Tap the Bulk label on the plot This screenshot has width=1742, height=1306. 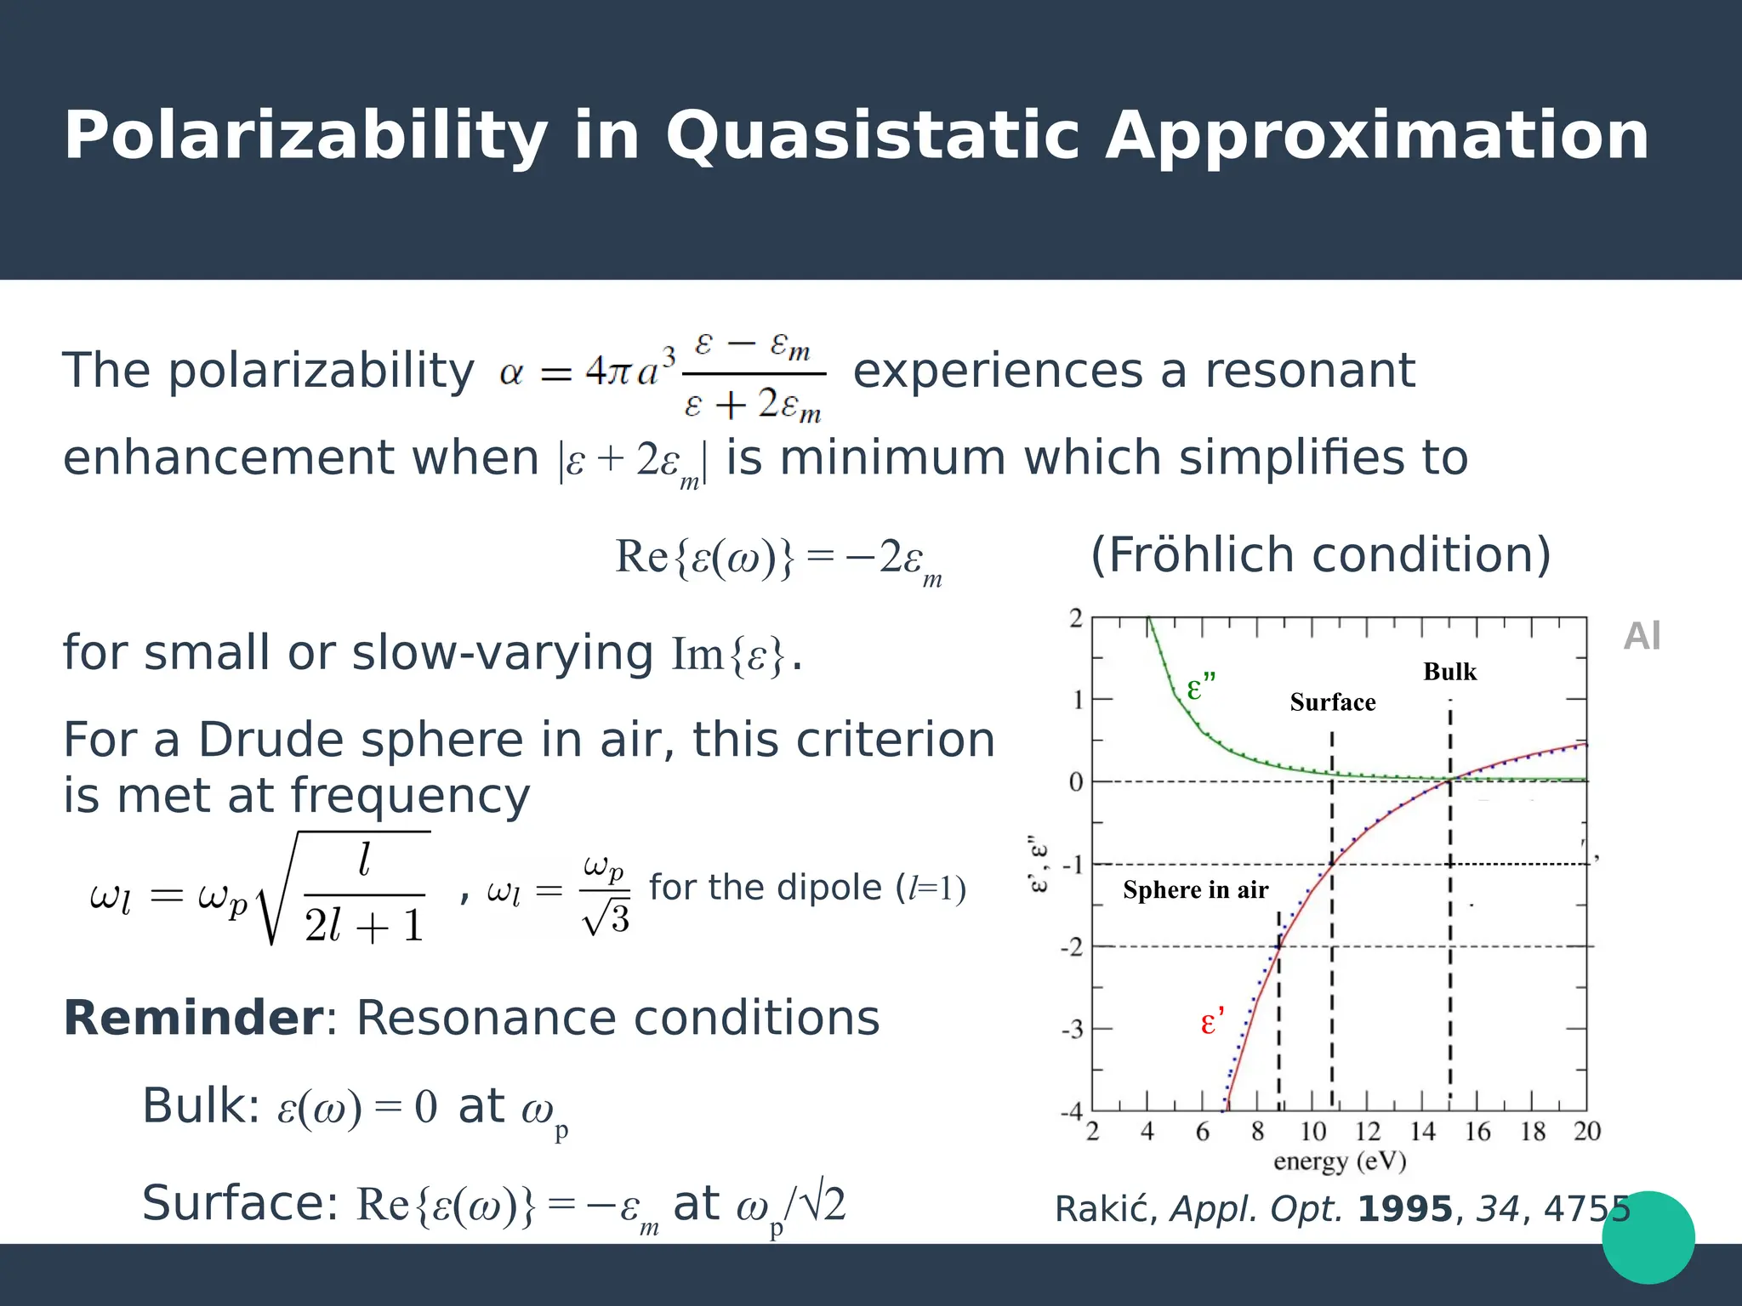[1449, 672]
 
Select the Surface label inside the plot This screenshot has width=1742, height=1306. [1332, 702]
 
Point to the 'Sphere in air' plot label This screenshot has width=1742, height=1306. [1195, 890]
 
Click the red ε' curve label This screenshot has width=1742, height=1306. [1211, 1022]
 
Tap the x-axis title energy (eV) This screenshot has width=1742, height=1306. [1339, 1161]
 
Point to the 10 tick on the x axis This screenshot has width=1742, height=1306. [1312, 1132]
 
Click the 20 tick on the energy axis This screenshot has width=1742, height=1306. [1586, 1132]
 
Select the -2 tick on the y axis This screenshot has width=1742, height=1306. [1072, 947]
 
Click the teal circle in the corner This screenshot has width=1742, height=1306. [1648, 1237]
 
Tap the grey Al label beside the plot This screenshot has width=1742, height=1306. [1642, 637]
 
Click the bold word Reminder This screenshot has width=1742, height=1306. [193, 1019]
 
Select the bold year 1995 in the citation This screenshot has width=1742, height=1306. [1405, 1209]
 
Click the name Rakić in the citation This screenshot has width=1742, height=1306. [1106, 1209]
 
